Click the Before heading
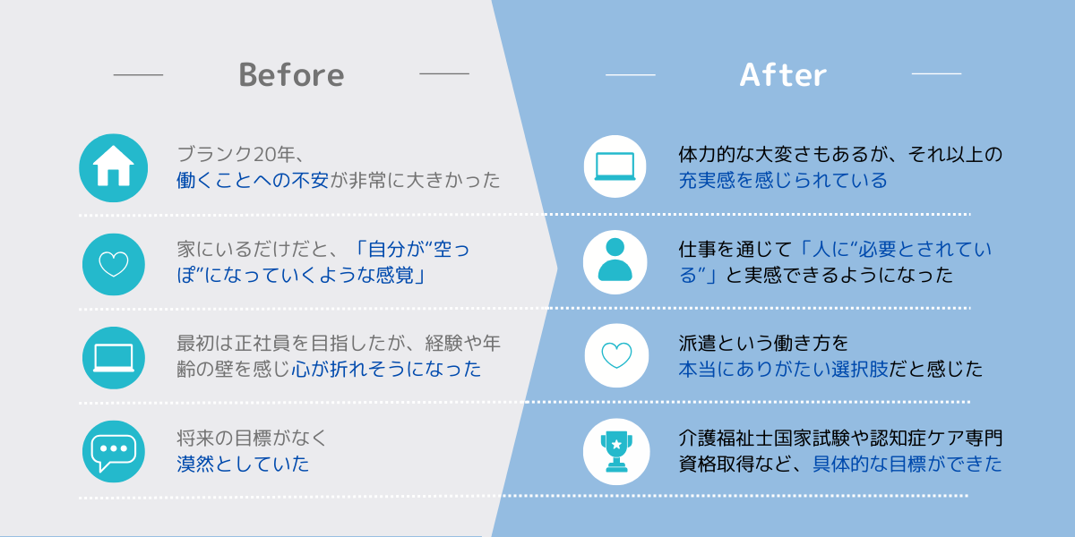292,75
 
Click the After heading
783,75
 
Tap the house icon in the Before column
113,168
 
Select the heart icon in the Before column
113,264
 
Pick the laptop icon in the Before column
113,358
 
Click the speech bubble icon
113,452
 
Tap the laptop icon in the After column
615,166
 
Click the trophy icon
616,452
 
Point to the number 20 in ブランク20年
264,154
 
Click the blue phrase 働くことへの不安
253,180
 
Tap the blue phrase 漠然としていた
243,464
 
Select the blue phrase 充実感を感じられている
783,180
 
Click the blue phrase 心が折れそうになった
386,369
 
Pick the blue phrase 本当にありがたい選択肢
783,369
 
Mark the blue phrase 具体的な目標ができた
907,464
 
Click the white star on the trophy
616,445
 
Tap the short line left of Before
138,75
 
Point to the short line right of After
936,73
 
